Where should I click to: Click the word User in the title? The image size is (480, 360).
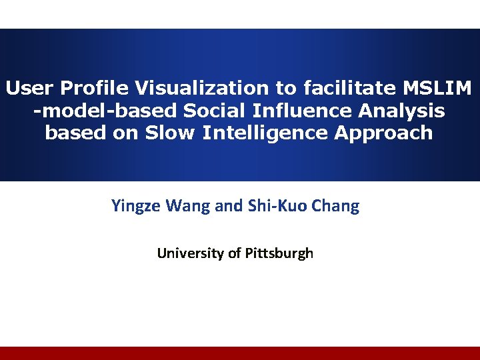click(29, 87)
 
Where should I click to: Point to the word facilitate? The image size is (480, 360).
click(345, 87)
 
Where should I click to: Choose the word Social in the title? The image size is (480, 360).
click(212, 110)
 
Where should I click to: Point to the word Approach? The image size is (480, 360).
click(383, 133)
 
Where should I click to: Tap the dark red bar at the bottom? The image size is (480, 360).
click(240, 353)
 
